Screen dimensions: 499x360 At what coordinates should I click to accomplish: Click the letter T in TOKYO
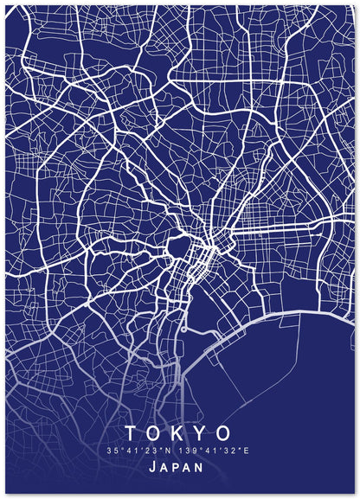[132, 432]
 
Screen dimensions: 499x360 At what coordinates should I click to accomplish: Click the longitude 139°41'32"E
[214, 451]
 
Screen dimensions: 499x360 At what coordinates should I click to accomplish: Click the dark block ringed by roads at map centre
[178, 250]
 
